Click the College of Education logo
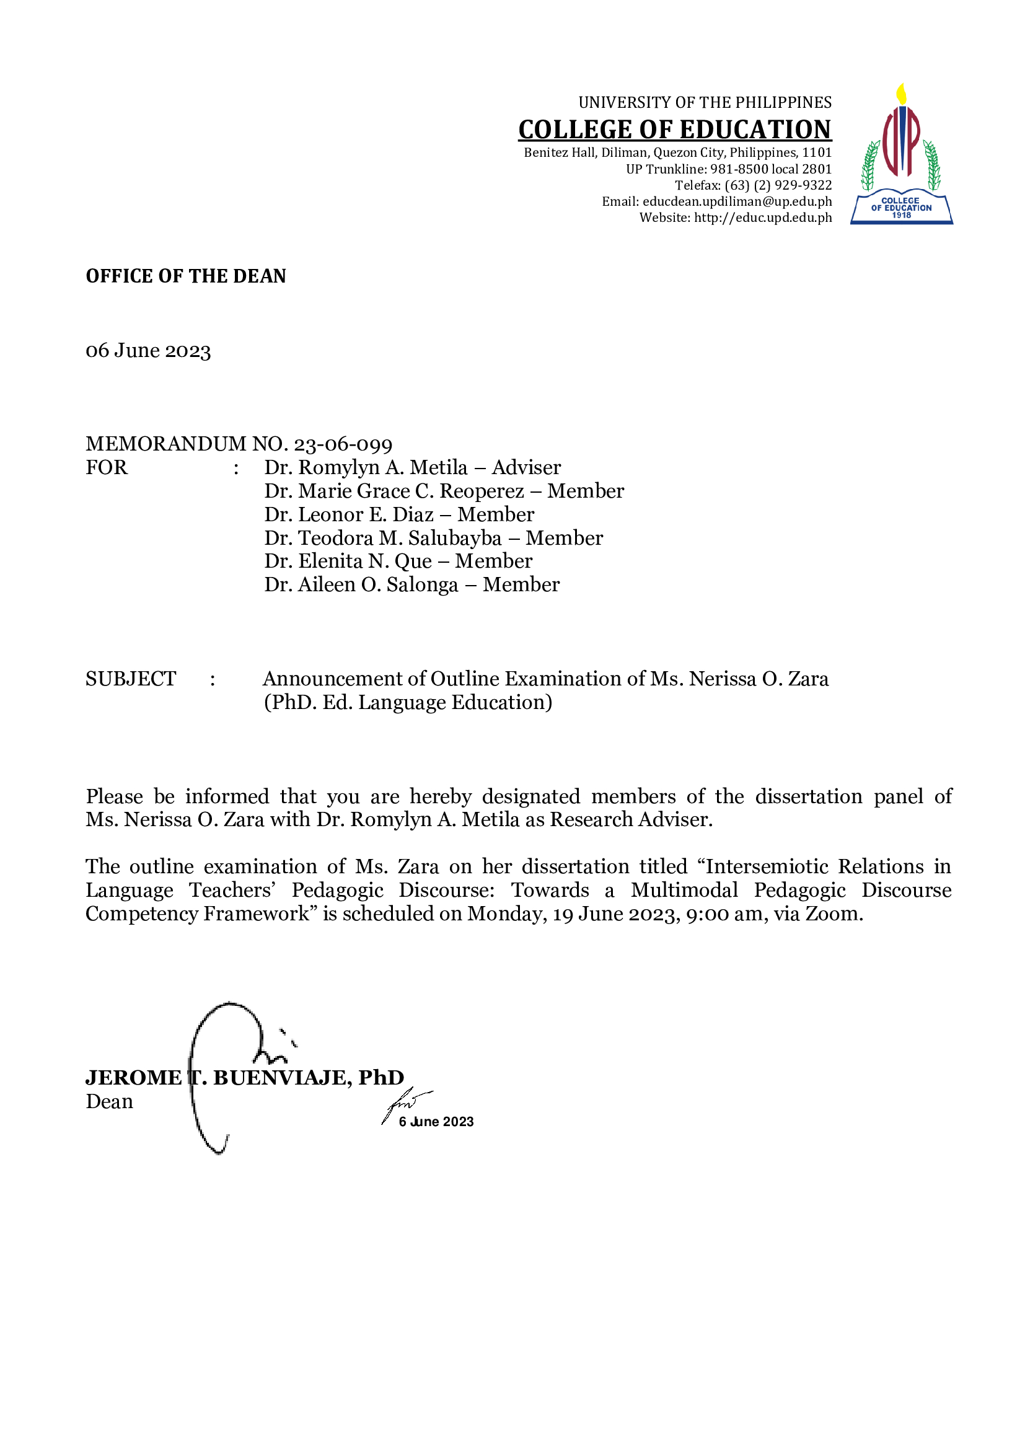click(x=901, y=154)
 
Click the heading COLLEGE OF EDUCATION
click(x=675, y=130)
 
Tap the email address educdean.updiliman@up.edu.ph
click(x=737, y=201)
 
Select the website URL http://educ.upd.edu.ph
click(x=763, y=218)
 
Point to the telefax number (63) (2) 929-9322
click(x=778, y=185)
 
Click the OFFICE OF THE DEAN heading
click(x=185, y=276)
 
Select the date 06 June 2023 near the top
click(x=148, y=350)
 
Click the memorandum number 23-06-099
click(x=343, y=444)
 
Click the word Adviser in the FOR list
click(x=526, y=468)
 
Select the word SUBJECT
click(x=131, y=679)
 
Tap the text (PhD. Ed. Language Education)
click(x=408, y=702)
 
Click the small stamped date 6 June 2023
click(x=436, y=1122)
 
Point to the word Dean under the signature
click(x=109, y=1102)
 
